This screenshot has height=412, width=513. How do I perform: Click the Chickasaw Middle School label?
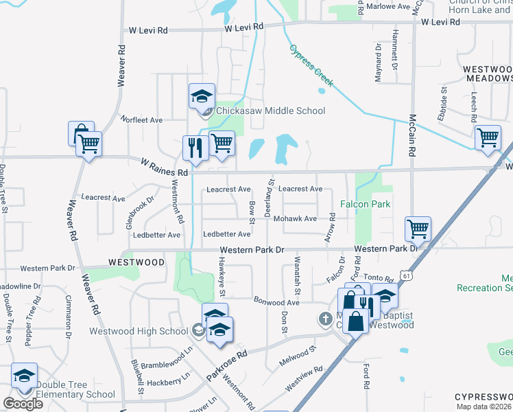271,111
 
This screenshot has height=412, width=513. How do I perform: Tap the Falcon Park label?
366,204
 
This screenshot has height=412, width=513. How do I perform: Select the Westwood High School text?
139,331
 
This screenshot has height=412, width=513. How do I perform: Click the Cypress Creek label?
311,66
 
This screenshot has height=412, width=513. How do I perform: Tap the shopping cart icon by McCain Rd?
418,229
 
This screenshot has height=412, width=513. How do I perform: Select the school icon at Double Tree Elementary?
25,376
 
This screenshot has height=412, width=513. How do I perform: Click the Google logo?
23,404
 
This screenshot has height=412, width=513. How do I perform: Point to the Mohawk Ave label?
295,218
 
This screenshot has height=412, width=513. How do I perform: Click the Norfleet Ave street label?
142,119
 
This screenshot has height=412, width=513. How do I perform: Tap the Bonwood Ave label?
277,302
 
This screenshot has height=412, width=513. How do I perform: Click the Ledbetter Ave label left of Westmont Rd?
157,235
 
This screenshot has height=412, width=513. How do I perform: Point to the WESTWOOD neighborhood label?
136,262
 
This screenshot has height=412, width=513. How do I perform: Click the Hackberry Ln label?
168,381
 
